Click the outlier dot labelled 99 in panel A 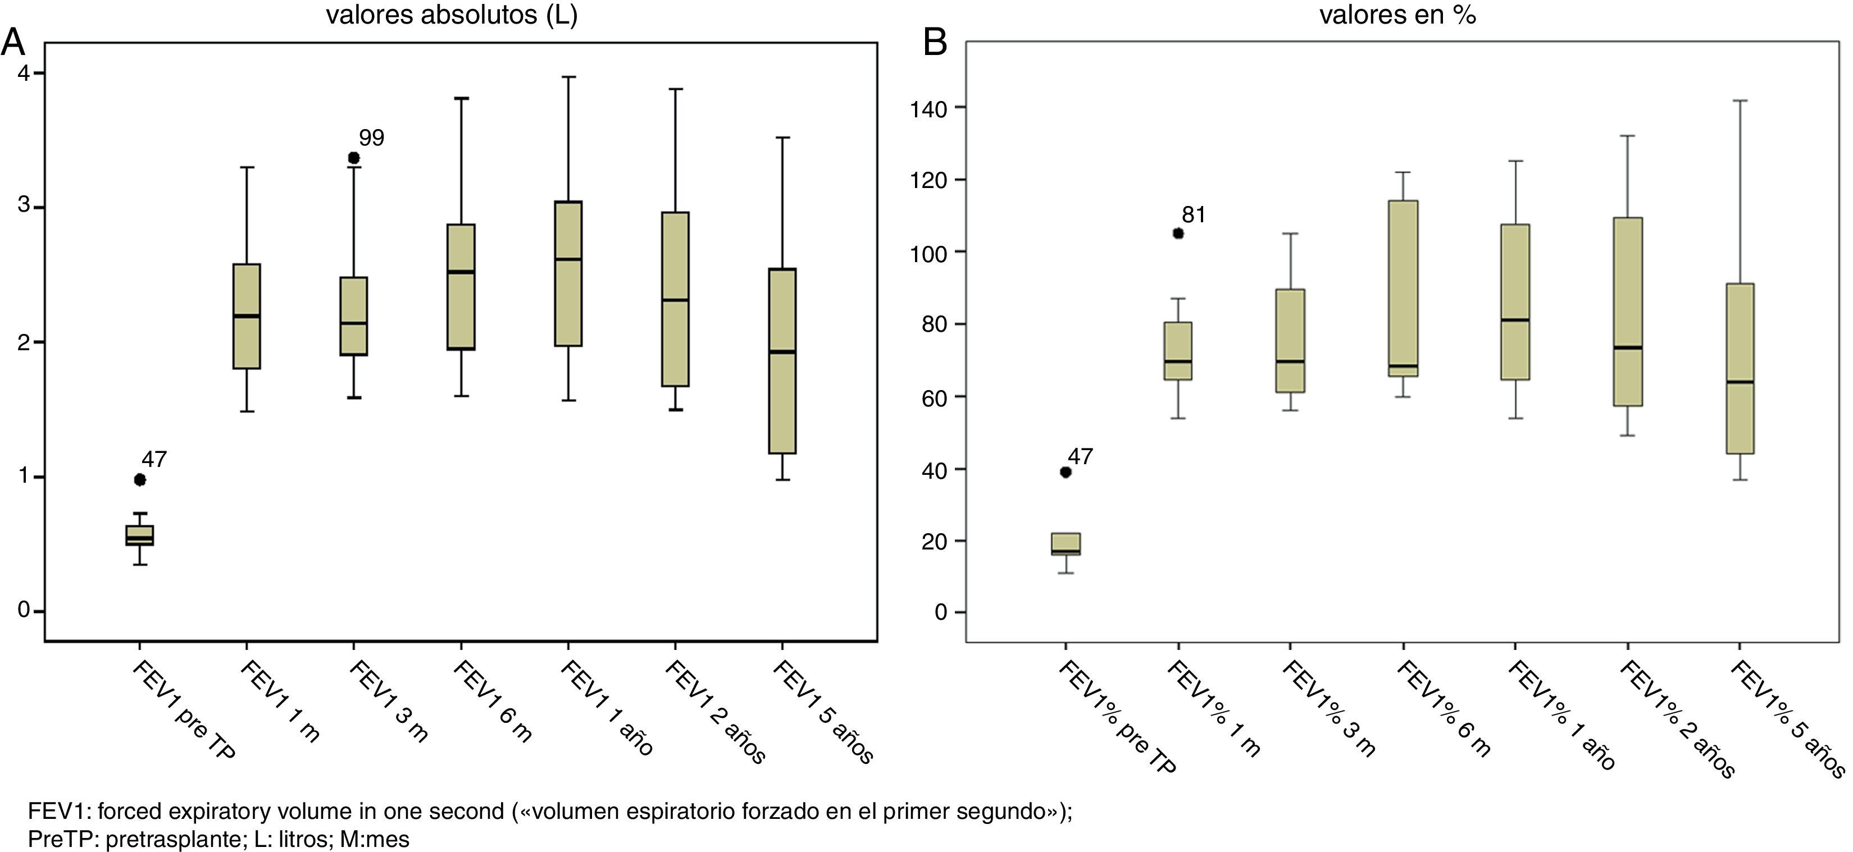(x=354, y=158)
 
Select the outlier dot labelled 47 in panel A (x=140, y=479)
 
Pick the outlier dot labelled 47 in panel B (x=1066, y=471)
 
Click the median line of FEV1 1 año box (x=568, y=259)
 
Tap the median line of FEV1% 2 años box (x=1628, y=347)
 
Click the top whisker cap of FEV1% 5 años (x=1740, y=100)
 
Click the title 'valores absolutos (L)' (x=452, y=15)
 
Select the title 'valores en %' (x=1397, y=15)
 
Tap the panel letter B (x=935, y=43)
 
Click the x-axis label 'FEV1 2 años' (x=715, y=712)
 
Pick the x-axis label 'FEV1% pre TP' (x=1117, y=718)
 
